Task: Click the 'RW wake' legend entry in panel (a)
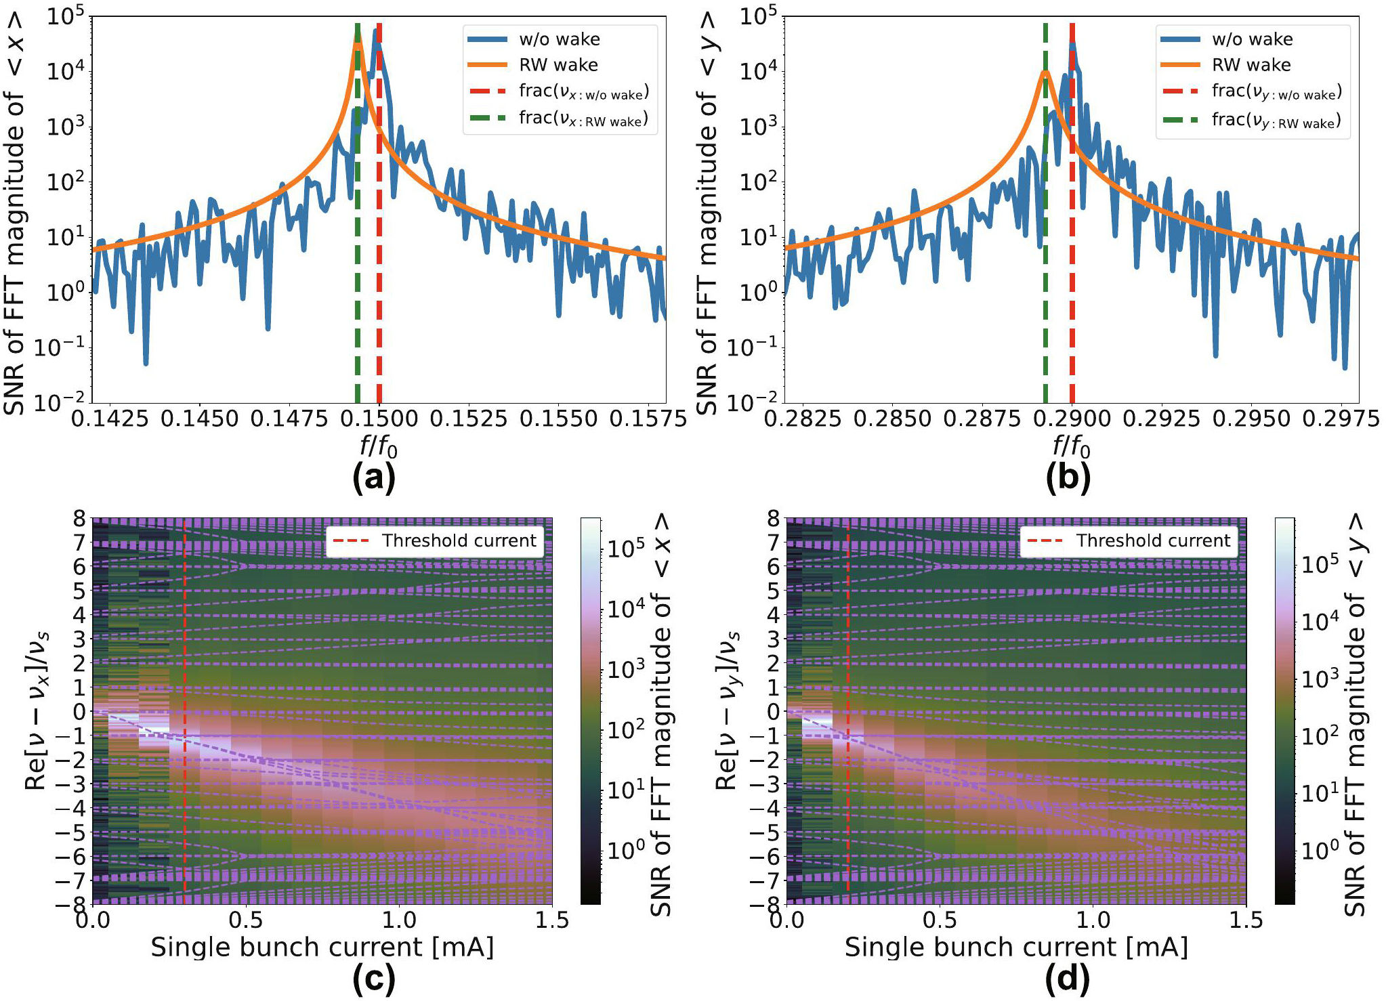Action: (x=558, y=65)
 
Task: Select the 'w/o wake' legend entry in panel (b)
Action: (x=1252, y=39)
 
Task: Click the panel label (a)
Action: (x=374, y=478)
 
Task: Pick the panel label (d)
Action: (x=1068, y=979)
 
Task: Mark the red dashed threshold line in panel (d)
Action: (x=847, y=813)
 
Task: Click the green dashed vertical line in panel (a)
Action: (x=358, y=271)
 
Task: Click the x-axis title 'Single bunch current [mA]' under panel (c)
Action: (x=322, y=947)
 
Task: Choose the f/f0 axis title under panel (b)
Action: (x=1070, y=447)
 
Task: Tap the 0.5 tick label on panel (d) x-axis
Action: (x=940, y=920)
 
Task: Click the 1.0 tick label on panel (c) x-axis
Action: (x=399, y=920)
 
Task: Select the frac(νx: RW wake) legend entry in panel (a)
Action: (x=583, y=119)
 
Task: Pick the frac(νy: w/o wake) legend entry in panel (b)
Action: (x=1276, y=91)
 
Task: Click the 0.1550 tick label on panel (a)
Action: (x=558, y=419)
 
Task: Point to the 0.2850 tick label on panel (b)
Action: (x=891, y=419)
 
